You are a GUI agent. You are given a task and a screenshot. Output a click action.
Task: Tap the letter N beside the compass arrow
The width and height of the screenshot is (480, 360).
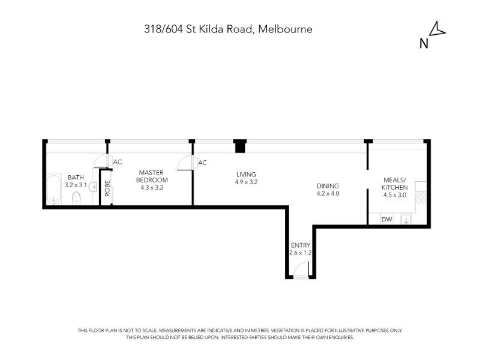point(424,44)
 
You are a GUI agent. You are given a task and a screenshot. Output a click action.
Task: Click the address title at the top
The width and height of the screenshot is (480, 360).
point(229,29)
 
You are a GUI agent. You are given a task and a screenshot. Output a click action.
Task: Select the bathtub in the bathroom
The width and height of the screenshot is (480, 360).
point(54,190)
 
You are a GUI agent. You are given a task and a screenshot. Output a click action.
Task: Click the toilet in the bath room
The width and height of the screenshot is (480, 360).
point(76,198)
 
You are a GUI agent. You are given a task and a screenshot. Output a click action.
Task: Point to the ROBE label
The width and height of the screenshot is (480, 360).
point(107,188)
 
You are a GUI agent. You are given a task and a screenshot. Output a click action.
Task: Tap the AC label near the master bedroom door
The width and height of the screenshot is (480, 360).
point(118,162)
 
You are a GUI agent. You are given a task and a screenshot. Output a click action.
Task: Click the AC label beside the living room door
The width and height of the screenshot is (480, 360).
point(202,163)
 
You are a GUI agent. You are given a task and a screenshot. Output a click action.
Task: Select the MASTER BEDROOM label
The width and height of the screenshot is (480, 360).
point(152,176)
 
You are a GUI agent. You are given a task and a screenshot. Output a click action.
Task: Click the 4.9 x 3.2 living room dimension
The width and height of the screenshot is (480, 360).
point(246,182)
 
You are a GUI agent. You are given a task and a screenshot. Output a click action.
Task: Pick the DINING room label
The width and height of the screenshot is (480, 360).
point(328,186)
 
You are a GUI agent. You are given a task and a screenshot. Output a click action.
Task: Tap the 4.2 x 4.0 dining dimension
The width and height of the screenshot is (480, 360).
point(328,193)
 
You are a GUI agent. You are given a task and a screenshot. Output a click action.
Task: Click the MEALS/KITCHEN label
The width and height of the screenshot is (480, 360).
point(395,184)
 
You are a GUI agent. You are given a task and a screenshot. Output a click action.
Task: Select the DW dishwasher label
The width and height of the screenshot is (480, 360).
point(387,219)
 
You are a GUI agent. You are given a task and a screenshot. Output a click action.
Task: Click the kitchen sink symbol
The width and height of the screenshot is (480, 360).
point(406,219)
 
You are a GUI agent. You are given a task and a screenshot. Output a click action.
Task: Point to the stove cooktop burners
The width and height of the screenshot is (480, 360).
point(421,197)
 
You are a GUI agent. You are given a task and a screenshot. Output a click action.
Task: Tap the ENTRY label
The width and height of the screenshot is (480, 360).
point(301,245)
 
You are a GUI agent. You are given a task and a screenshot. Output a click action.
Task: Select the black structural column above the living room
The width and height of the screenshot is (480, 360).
point(240,146)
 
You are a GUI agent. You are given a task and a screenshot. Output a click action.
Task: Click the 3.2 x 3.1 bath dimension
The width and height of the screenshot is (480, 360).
point(76,185)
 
